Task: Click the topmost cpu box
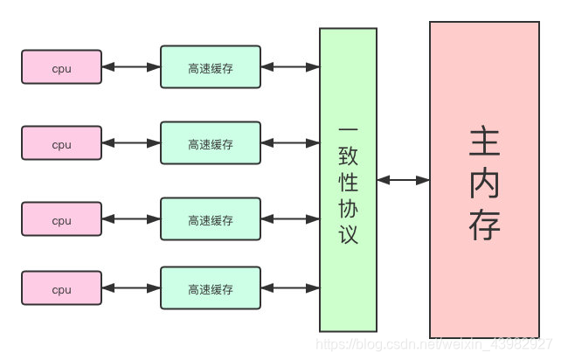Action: [61, 67]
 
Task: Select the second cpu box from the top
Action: [61, 143]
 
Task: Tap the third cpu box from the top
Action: [61, 220]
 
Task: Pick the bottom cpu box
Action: [61, 288]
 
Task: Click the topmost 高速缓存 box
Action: [211, 67]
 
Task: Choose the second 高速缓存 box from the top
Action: [211, 143]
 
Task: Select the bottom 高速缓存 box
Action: [211, 288]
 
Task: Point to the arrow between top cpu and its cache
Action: [131, 67]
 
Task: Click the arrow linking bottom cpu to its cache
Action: [131, 288]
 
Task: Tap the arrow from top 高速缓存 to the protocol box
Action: [290, 67]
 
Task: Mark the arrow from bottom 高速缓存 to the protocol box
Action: [290, 288]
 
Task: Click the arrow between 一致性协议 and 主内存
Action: [403, 180]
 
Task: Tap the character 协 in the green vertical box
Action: [348, 207]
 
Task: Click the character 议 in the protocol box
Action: [348, 234]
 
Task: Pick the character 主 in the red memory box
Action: [484, 139]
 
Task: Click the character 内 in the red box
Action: [484, 182]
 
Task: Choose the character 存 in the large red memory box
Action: [484, 225]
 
